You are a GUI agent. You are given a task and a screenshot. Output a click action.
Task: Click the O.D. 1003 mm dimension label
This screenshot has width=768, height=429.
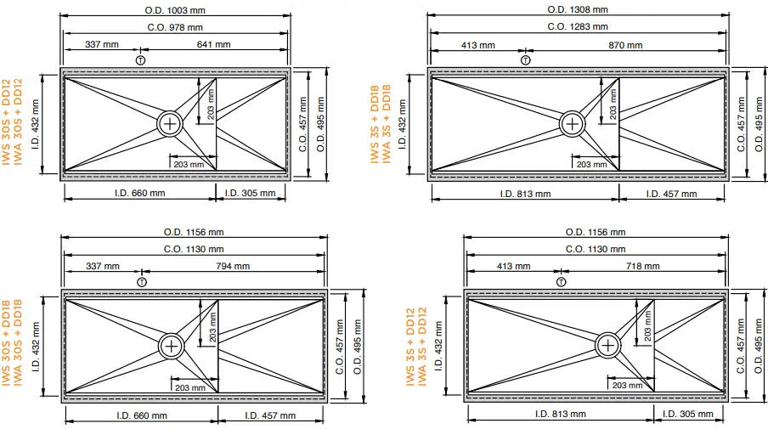click(x=174, y=9)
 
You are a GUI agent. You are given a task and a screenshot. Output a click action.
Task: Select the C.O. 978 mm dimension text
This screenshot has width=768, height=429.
click(x=174, y=27)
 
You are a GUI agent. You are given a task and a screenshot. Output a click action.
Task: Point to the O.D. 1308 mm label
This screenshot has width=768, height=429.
click(x=577, y=9)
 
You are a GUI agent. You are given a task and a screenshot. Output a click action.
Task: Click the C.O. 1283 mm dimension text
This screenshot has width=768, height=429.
click(x=577, y=26)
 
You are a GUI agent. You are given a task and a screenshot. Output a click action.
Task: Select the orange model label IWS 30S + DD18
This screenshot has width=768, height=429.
click(x=6, y=347)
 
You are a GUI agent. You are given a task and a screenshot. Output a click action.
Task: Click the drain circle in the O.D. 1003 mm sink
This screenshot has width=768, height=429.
click(x=171, y=123)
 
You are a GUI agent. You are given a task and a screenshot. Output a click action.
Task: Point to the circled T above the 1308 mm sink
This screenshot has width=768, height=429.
click(x=525, y=59)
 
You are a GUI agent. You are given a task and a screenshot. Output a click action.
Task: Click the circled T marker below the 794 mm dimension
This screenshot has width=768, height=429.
click(x=141, y=281)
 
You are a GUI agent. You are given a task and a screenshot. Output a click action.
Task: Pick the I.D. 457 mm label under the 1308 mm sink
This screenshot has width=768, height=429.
click(x=671, y=194)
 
